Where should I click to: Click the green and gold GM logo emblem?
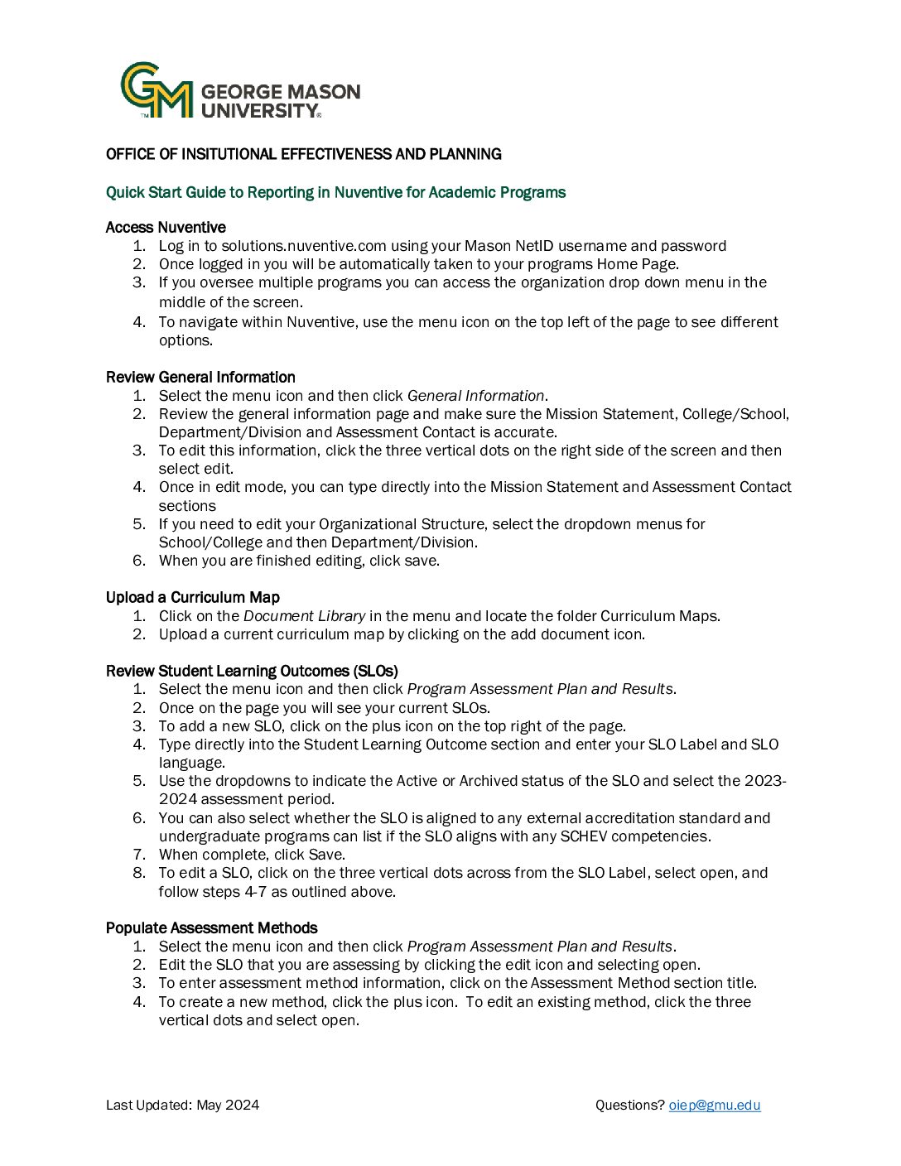(x=157, y=90)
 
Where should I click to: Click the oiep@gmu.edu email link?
(x=714, y=1105)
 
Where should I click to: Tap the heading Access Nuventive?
(x=166, y=227)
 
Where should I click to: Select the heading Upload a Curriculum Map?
(x=193, y=597)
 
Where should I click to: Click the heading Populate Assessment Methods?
(x=212, y=927)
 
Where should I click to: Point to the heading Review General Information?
(x=200, y=377)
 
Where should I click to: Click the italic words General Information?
(x=475, y=396)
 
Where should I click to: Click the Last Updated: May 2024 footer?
(x=182, y=1105)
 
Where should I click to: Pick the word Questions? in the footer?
(x=629, y=1105)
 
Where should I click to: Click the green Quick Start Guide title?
(x=335, y=192)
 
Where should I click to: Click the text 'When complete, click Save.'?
(x=252, y=855)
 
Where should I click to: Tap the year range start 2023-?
(x=765, y=781)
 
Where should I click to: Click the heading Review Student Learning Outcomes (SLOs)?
(x=252, y=671)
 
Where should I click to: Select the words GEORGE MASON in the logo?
(x=281, y=91)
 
